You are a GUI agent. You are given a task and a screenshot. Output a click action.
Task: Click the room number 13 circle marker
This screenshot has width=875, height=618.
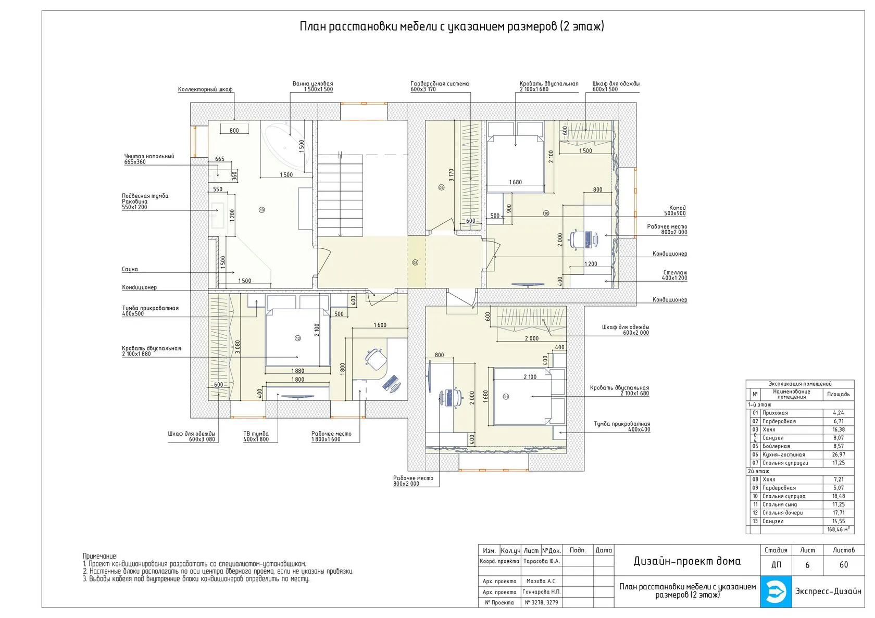coord(261,210)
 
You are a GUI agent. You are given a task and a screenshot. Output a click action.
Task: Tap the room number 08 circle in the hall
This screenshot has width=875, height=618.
coord(415,263)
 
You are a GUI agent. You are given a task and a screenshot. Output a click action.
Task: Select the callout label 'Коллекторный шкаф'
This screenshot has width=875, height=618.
coord(205,90)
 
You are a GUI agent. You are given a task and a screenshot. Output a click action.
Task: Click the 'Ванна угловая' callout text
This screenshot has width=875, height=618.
coord(312,83)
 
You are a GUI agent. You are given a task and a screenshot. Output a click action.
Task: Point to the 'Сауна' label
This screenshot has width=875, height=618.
coord(130,269)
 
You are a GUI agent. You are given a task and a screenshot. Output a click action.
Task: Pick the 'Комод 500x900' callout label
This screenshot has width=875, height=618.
coord(674,211)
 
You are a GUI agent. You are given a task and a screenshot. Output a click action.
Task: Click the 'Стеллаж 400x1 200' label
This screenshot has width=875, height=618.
coord(674,275)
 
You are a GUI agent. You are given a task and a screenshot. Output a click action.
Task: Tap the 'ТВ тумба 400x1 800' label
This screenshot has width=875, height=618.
coord(256,436)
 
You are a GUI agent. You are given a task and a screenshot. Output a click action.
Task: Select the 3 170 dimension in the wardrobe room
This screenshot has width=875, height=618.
coord(451,175)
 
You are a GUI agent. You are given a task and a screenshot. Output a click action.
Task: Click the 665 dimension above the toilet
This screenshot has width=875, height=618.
coord(220,159)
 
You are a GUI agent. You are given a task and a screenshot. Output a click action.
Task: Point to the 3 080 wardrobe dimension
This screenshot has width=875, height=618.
coord(238,347)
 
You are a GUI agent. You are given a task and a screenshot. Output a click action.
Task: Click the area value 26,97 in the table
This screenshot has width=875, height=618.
coord(839,455)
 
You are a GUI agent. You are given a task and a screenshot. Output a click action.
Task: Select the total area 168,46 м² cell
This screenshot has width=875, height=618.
coord(839,529)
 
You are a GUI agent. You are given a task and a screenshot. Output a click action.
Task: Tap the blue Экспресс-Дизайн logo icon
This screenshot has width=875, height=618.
coord(776,592)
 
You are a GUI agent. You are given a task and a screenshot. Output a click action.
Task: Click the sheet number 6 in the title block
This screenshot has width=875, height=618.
coord(807,565)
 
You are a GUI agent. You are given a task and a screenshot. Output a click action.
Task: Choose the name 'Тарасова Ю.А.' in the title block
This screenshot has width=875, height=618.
coord(542,561)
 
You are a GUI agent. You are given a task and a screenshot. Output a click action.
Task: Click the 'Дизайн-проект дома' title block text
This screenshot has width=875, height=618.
coord(687,561)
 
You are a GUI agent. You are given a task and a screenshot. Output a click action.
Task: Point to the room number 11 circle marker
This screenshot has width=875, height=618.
coord(506,397)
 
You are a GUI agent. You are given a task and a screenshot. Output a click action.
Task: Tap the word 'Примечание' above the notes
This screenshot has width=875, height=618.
coord(99,556)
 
